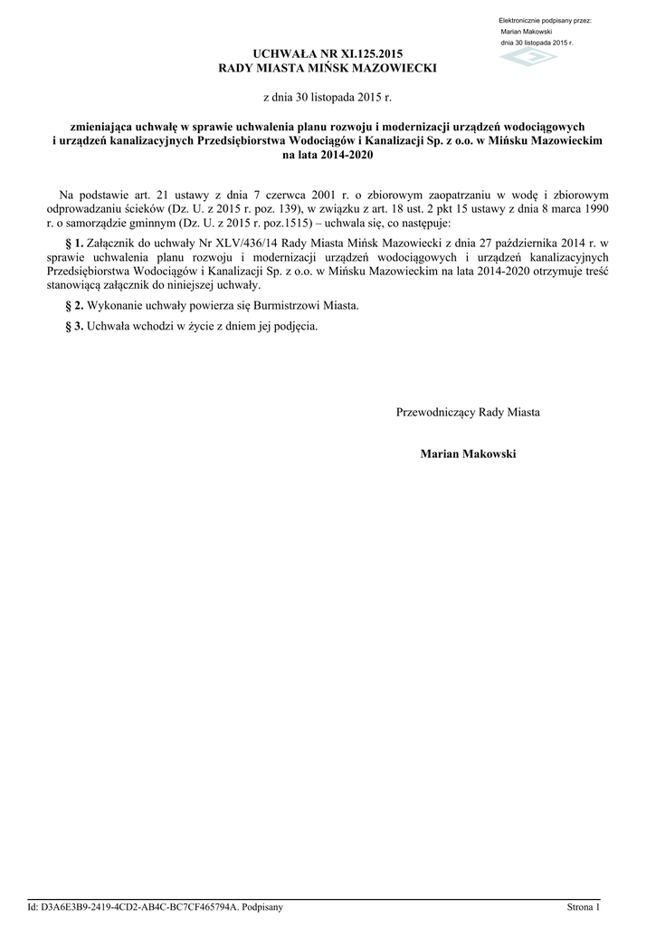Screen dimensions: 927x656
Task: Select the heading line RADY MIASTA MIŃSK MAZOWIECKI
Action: tap(328, 70)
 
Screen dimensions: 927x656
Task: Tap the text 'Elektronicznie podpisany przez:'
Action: tap(545, 21)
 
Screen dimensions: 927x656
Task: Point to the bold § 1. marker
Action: tap(75, 244)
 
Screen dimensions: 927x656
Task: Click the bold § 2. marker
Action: tap(75, 306)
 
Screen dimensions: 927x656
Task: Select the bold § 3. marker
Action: tap(75, 326)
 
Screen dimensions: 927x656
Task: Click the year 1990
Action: tap(594, 208)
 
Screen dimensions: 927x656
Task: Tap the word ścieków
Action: tap(135, 208)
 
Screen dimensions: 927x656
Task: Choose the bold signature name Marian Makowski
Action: tap(468, 453)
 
